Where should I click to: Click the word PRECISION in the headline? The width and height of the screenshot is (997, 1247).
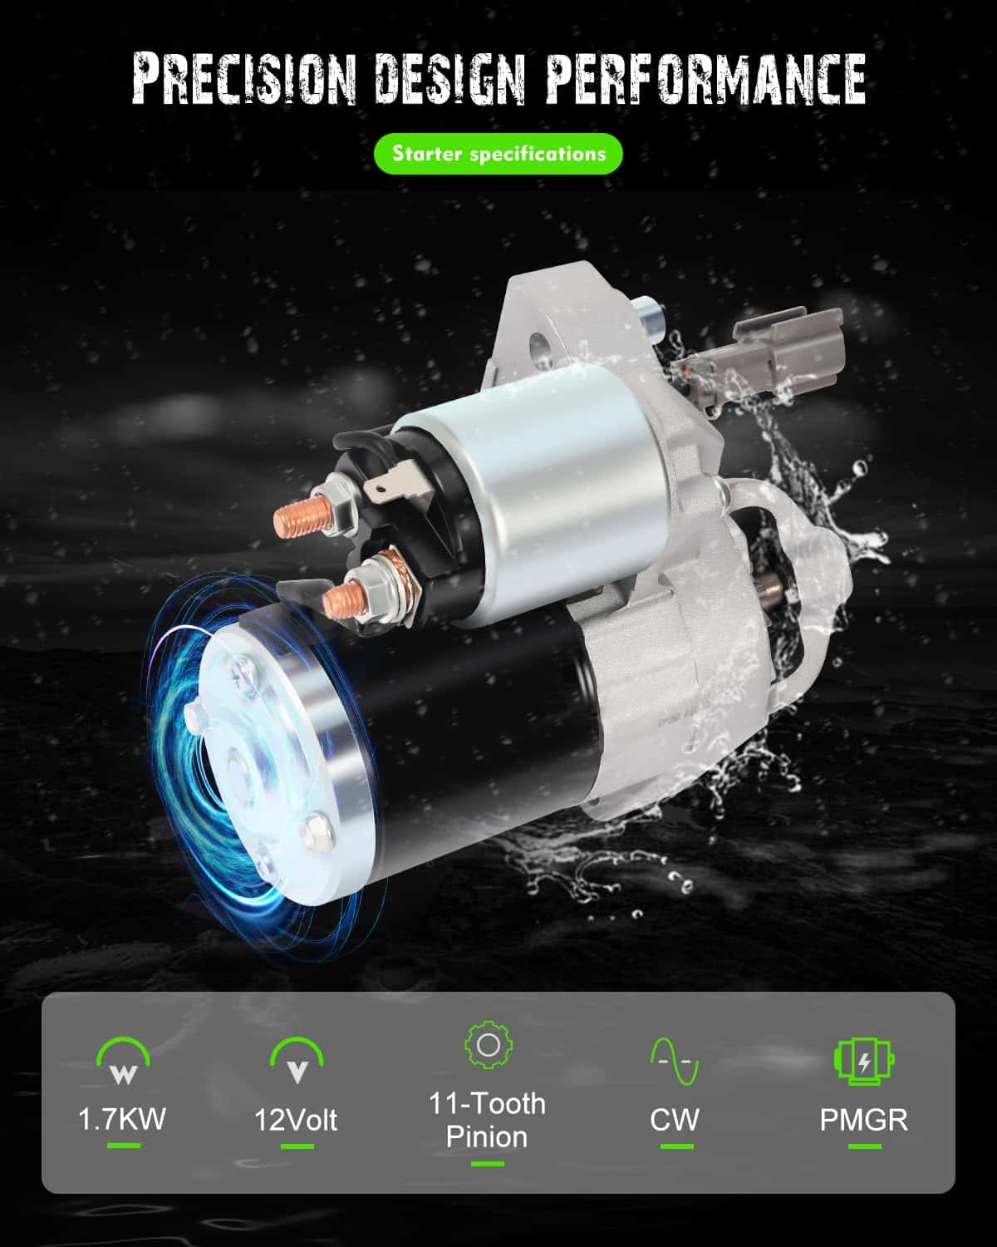pos(243,79)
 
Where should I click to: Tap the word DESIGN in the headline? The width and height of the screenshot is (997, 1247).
pos(449,79)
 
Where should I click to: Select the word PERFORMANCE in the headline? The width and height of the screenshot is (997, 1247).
pos(705,79)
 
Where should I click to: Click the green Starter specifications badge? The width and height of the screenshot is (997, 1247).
pos(498,154)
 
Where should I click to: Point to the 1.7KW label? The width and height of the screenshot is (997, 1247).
pos(122,1119)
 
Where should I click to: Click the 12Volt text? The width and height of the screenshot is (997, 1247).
pos(296,1120)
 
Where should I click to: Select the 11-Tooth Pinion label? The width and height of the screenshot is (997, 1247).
pos(487,1120)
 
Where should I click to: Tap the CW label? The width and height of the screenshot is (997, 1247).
pos(675,1120)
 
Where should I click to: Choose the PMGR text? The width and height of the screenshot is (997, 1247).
pos(864,1120)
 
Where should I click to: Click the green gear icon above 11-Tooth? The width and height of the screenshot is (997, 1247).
pos(489,1045)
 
